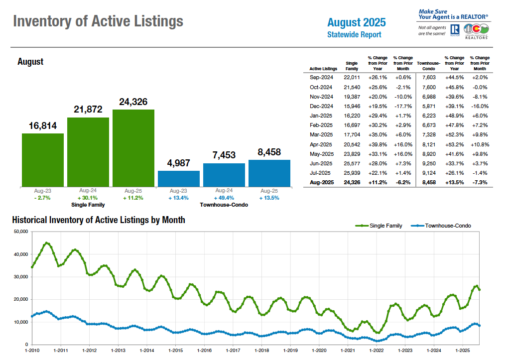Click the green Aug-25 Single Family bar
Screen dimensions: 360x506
click(x=133, y=148)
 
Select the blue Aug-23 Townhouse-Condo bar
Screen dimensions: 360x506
click(x=179, y=178)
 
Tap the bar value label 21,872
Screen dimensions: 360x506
click(x=88, y=110)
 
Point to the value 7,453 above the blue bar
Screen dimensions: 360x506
click(x=224, y=155)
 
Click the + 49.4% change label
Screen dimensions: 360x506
click(x=224, y=198)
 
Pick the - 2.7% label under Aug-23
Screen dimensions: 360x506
click(x=42, y=198)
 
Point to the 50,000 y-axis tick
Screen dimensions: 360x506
click(x=19, y=232)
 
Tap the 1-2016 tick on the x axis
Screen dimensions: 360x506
click(x=204, y=351)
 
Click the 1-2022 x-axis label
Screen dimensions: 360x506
click(x=377, y=351)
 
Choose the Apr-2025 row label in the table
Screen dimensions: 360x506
click(x=321, y=144)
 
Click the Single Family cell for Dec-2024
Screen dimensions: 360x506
click(x=352, y=106)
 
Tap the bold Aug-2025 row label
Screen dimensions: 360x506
click(x=321, y=182)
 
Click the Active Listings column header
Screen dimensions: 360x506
click(x=323, y=69)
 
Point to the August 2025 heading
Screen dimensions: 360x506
click(x=356, y=22)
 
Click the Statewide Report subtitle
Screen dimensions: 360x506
click(x=354, y=35)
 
